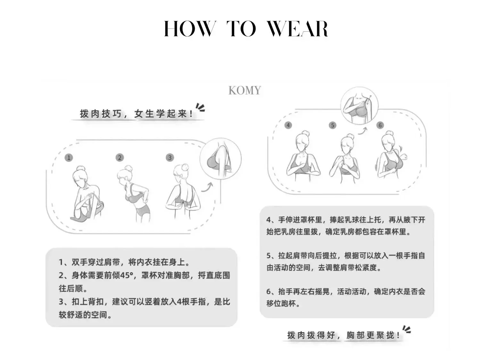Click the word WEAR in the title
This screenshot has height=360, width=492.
[x=297, y=29]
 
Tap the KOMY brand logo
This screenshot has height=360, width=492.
[x=245, y=90]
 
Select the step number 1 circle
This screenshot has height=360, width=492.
[x=69, y=157]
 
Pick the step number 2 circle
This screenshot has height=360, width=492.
[x=120, y=157]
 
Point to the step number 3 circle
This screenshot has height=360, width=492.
[x=170, y=157]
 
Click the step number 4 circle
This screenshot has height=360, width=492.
[x=288, y=125]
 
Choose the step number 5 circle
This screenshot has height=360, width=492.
[x=332, y=125]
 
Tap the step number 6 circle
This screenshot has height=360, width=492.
[x=380, y=125]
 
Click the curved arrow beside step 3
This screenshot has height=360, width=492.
[x=208, y=187]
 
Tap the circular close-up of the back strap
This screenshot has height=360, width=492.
[x=220, y=159]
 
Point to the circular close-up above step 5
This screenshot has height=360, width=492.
[x=359, y=106]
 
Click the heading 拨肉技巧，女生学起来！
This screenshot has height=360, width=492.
[x=136, y=114]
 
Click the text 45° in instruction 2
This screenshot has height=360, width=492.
[x=127, y=275]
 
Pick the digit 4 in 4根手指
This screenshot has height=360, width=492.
[x=179, y=302]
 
